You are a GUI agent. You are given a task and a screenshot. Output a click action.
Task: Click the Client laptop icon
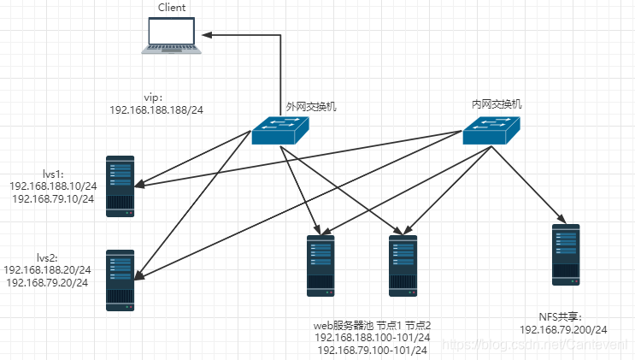pyautogui.click(x=171, y=35)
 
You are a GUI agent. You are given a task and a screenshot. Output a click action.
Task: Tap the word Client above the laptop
pyautogui.click(x=172, y=8)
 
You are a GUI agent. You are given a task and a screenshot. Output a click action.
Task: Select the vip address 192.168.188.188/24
pyautogui.click(x=156, y=109)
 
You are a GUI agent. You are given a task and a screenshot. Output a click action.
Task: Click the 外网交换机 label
pyautogui.click(x=311, y=107)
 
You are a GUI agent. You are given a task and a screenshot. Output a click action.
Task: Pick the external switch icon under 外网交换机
pyautogui.click(x=280, y=131)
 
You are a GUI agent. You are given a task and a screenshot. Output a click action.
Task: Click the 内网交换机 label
pyautogui.click(x=497, y=104)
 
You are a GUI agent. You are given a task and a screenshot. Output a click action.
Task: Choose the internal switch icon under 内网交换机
pyautogui.click(x=491, y=131)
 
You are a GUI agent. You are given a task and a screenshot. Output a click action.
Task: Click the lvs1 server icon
pyautogui.click(x=120, y=186)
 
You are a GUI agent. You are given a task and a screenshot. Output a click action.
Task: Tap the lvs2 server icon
pyautogui.click(x=120, y=280)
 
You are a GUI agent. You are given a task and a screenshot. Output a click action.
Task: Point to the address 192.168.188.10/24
pyautogui.click(x=53, y=186)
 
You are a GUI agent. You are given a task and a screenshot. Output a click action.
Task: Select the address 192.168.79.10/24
pyautogui.click(x=53, y=198)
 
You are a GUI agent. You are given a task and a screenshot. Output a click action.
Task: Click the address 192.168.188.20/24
pyautogui.click(x=47, y=270)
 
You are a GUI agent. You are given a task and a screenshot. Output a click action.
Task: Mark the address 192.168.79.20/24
pyautogui.click(x=47, y=282)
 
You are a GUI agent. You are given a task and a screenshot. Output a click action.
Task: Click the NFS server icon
pyautogui.click(x=566, y=255)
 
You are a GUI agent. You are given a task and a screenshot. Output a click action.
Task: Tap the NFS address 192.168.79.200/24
pyautogui.click(x=563, y=329)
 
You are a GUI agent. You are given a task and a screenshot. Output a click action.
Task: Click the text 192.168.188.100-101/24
pyautogui.click(x=372, y=337)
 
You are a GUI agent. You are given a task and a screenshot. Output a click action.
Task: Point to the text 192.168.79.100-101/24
pyautogui.click(x=372, y=350)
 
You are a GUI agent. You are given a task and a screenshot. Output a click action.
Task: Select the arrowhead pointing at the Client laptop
pyautogui.click(x=207, y=35)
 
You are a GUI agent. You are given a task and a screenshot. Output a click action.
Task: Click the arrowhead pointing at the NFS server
pyautogui.click(x=561, y=219)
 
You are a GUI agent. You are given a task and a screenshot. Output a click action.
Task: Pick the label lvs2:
pyautogui.click(x=47, y=258)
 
